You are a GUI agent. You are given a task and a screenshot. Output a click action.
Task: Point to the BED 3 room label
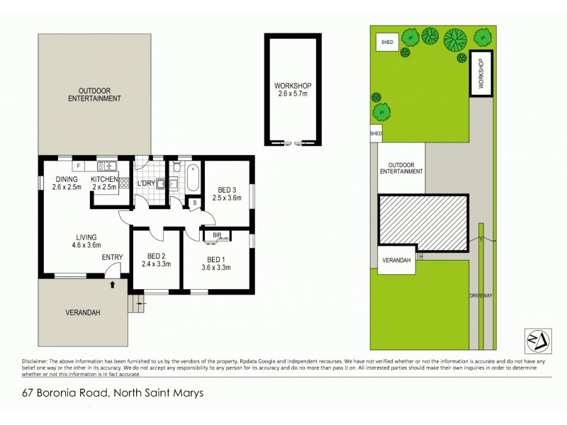(x=227, y=189)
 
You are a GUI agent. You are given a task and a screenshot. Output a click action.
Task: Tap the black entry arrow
(x=113, y=285)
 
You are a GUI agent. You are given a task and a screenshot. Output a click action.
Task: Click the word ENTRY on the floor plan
(x=112, y=257)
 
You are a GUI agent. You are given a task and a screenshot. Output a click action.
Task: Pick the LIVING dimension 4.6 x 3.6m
(x=88, y=246)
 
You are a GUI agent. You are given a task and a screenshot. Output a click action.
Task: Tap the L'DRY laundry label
(x=147, y=183)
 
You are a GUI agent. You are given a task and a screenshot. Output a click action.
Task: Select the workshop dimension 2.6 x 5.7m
(x=293, y=94)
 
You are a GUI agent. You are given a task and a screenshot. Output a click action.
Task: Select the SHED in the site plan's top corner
(x=387, y=42)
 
